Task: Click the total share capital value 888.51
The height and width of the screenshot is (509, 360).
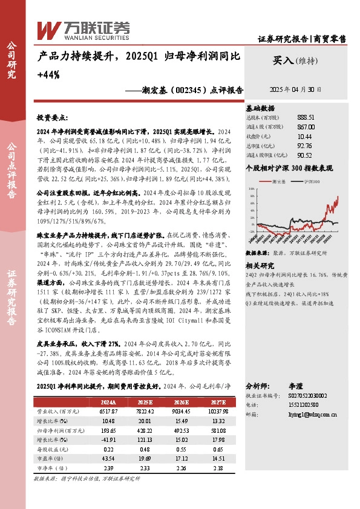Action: [306, 117]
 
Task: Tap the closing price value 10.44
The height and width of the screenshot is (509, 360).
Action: [305, 136]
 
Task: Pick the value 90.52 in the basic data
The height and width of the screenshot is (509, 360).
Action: [305, 155]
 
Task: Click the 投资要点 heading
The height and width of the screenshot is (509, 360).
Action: [53, 117]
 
